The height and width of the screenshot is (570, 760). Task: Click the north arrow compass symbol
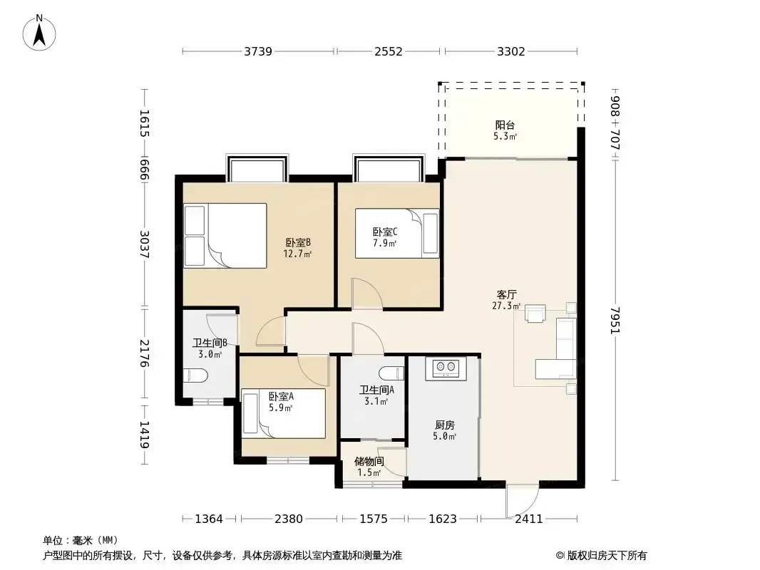(x=39, y=33)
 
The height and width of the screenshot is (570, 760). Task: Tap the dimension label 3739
(x=258, y=51)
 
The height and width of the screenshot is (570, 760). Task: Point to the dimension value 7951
(x=615, y=320)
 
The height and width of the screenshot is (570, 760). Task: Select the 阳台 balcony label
(x=505, y=125)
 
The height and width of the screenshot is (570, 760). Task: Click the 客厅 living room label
(x=506, y=294)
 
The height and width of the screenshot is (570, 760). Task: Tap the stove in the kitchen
(x=446, y=369)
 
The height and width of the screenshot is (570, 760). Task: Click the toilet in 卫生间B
(x=195, y=375)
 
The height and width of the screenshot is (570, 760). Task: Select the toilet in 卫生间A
(x=391, y=373)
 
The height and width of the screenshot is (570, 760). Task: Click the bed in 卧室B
(x=225, y=235)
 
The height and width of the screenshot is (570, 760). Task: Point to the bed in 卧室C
(x=397, y=234)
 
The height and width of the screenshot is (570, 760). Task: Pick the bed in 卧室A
(x=284, y=413)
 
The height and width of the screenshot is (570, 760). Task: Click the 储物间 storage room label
(x=369, y=461)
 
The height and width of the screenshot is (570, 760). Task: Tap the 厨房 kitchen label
(x=444, y=425)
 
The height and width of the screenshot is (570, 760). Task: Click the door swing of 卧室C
(x=367, y=294)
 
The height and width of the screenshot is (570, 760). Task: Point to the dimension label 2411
(x=529, y=519)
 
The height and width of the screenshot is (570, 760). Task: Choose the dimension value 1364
(x=209, y=519)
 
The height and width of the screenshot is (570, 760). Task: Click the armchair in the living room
(x=535, y=313)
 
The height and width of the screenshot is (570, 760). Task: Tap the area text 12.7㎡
(x=297, y=254)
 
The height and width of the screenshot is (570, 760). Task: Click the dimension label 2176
(x=145, y=353)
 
